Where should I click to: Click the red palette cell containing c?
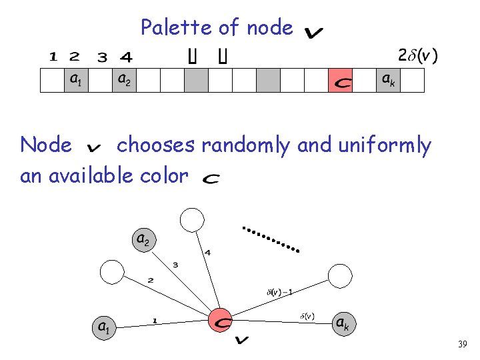tap(341, 80)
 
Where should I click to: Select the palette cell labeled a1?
tap(76, 80)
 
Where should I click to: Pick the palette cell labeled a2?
tap(124, 80)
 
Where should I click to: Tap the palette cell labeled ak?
tap(388, 80)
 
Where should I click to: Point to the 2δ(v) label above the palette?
tap(417, 55)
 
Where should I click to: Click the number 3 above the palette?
tap(102, 57)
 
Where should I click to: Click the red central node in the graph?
tap(220, 321)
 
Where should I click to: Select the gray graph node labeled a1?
tap(103, 327)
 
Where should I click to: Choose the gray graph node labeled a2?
tap(143, 239)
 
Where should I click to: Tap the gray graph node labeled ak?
tap(342, 324)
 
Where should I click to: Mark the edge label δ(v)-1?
tap(279, 291)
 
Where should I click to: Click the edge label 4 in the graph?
tap(207, 253)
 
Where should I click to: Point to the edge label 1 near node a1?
tap(155, 321)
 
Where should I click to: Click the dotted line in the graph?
tap(271, 239)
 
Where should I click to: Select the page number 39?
tap(463, 345)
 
